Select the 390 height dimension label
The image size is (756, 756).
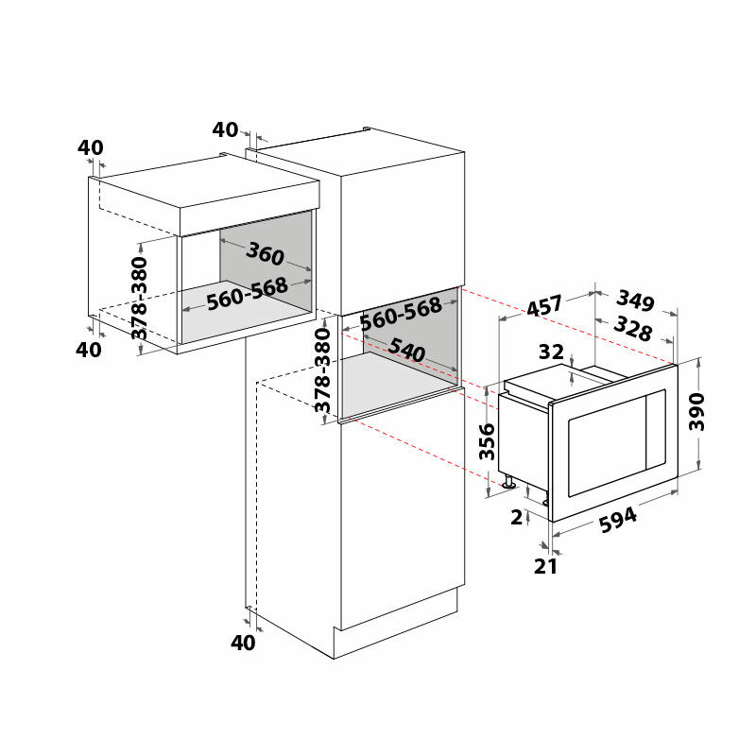(696, 412)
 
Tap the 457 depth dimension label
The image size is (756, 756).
(544, 305)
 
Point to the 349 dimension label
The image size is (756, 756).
(635, 300)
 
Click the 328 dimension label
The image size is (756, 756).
(632, 329)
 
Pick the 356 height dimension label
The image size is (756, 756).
(487, 441)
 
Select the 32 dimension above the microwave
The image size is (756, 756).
(551, 352)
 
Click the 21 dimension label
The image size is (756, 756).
(545, 566)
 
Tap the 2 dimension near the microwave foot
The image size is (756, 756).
(516, 517)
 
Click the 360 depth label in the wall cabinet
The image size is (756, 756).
(265, 253)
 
